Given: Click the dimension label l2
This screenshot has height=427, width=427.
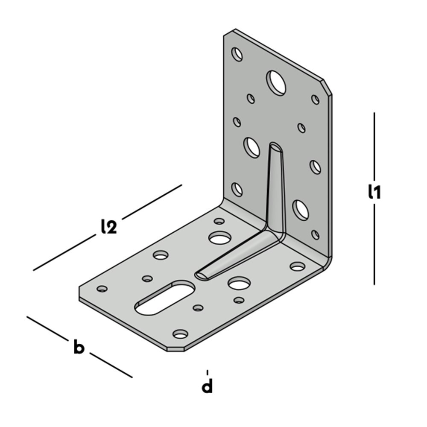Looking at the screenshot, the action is pyautogui.click(x=109, y=227).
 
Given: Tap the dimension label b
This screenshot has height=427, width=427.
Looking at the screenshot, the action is pyautogui.click(x=79, y=347).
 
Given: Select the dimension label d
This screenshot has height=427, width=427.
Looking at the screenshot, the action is pyautogui.click(x=207, y=386).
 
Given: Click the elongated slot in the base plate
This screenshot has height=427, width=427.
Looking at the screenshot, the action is pyautogui.click(x=165, y=298).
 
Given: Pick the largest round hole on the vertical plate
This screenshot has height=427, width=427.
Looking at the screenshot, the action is pyautogui.click(x=276, y=83).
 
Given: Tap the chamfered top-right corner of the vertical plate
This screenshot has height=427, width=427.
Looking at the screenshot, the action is pyautogui.click(x=328, y=87).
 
